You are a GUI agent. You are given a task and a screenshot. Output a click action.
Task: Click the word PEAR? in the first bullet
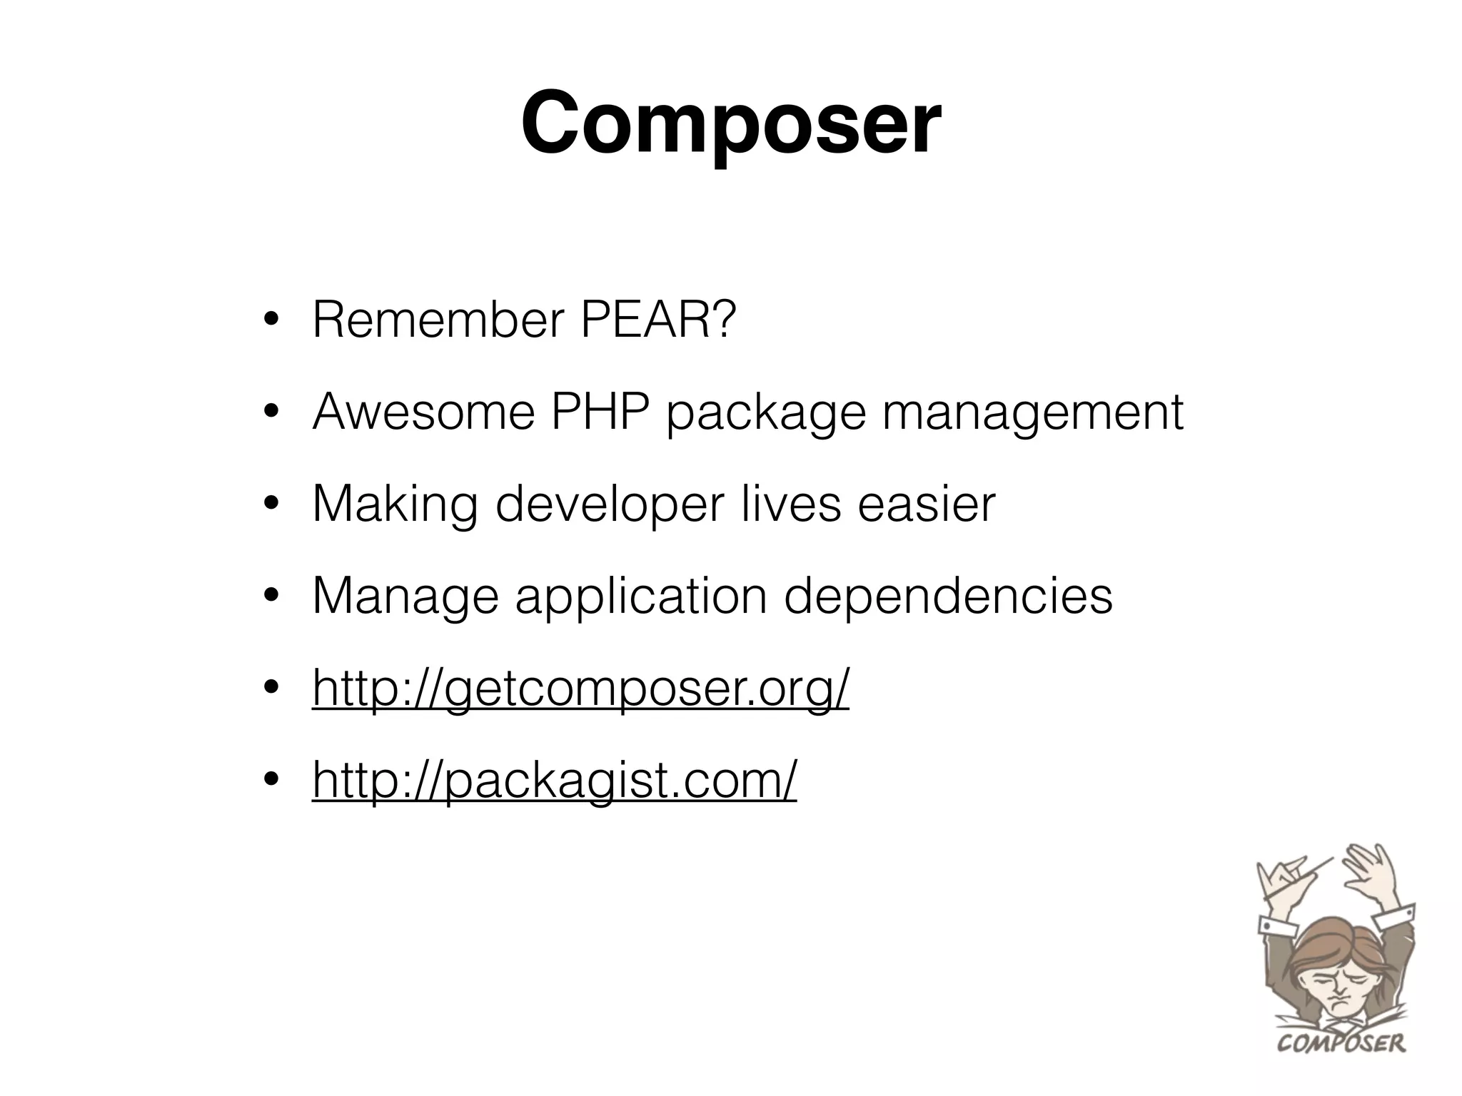point(657,320)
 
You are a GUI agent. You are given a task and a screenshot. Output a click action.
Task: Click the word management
point(1033,414)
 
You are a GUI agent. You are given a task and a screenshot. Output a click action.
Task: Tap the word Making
point(395,505)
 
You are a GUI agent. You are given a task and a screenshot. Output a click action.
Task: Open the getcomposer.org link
point(580,689)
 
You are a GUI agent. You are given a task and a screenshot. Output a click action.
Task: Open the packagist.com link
point(554,781)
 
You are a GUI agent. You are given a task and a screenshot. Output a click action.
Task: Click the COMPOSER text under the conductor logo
point(1341,1043)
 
